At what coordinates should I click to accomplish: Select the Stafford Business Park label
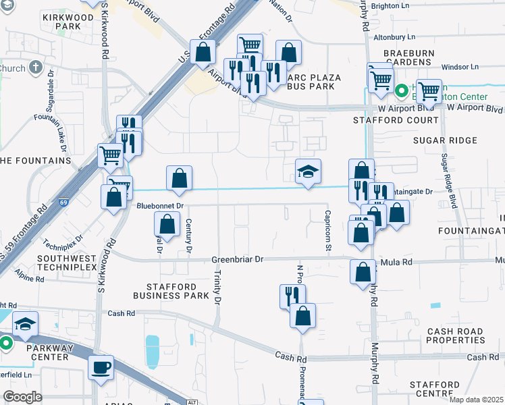point(170,291)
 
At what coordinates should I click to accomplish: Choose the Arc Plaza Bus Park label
point(311,82)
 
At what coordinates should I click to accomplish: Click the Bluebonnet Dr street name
point(161,205)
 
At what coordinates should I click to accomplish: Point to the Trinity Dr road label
point(217,288)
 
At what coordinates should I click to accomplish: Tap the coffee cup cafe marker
point(101,368)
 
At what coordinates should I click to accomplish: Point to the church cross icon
point(35,68)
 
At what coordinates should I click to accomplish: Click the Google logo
point(22,396)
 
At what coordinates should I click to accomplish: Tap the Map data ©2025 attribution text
point(476,400)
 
